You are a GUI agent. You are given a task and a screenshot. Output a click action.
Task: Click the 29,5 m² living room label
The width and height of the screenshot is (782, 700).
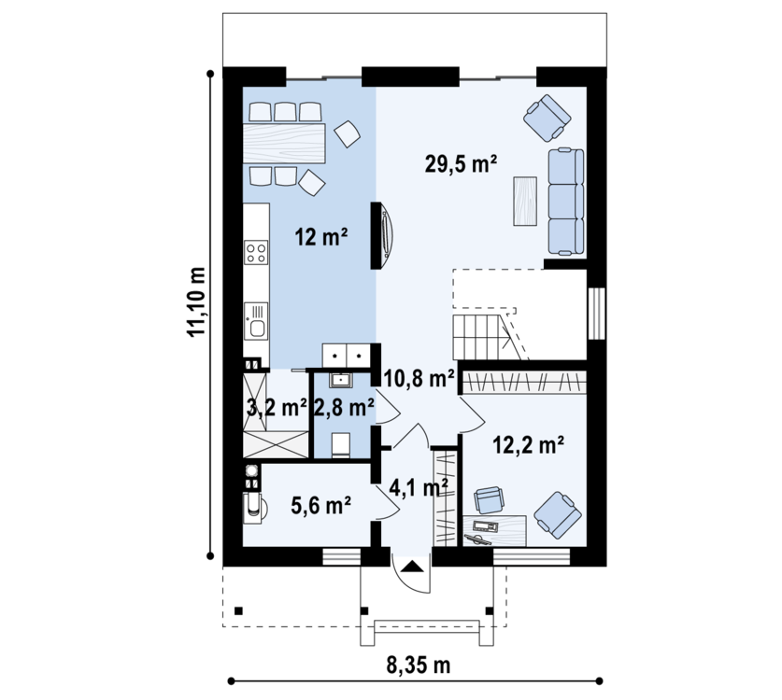click(461, 163)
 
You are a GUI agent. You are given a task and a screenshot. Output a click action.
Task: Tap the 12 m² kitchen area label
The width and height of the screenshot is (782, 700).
click(320, 237)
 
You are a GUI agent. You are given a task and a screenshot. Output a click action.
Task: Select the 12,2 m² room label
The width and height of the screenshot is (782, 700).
click(528, 445)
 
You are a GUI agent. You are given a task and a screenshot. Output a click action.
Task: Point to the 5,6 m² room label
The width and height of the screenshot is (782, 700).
click(320, 506)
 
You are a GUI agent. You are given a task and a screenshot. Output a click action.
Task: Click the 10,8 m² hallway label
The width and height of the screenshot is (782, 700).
click(419, 379)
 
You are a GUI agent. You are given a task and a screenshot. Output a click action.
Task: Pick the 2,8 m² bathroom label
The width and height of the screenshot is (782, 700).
click(344, 408)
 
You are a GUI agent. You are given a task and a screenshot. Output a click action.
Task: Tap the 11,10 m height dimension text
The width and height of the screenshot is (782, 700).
click(196, 301)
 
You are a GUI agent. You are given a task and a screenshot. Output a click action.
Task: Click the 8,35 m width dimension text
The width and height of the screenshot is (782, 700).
click(418, 665)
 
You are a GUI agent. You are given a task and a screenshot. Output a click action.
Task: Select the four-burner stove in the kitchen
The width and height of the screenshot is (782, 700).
click(256, 252)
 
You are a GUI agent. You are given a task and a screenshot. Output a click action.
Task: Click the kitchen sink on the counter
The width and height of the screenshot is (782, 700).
click(256, 321)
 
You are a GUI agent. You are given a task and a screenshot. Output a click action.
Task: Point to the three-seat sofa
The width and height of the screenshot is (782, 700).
click(566, 202)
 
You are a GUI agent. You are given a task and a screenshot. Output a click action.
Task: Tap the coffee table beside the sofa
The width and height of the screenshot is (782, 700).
click(525, 201)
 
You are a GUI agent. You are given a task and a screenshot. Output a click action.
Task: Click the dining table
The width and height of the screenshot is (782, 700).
click(284, 144)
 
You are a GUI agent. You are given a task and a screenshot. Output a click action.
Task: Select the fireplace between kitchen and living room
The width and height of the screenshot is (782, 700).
click(382, 235)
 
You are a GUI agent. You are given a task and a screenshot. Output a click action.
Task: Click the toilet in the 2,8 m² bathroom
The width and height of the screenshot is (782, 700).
click(342, 445)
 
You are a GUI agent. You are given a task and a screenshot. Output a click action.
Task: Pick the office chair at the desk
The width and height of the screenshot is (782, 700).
click(489, 499)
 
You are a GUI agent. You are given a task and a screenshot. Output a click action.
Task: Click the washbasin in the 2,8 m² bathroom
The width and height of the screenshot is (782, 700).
click(341, 380)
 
